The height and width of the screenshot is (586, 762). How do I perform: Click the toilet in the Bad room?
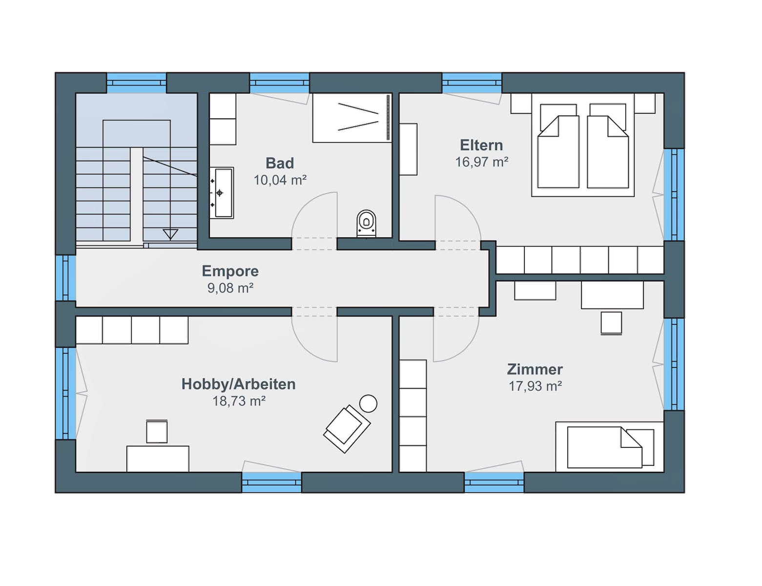tap(366, 223)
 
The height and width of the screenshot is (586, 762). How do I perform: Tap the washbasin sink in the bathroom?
tap(222, 192)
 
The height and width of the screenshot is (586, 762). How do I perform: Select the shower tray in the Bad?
tap(352, 118)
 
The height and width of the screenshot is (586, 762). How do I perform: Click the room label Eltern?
tap(481, 145)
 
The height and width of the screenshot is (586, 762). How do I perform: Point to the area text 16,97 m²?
tap(481, 162)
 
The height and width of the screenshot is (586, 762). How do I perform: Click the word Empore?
tap(230, 271)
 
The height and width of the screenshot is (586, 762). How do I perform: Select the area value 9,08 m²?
tap(230, 288)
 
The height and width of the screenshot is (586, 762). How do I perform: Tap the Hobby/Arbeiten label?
tap(238, 384)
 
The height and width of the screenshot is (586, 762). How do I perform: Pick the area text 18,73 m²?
tap(239, 401)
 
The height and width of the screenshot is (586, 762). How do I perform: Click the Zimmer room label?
tap(535, 369)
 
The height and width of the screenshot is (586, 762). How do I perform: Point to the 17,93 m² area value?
tap(535, 386)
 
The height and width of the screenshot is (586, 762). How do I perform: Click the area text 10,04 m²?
tap(280, 180)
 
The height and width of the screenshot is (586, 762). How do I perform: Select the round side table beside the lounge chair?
tap(368, 403)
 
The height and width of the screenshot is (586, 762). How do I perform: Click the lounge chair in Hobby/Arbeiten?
tap(347, 429)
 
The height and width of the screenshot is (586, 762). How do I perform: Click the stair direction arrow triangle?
tap(170, 234)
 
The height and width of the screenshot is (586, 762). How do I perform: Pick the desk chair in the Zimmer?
tap(611, 323)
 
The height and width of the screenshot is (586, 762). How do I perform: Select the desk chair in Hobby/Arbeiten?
tap(157, 431)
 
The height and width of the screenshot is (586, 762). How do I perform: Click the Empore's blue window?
tap(65, 278)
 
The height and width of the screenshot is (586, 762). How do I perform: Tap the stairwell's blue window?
tap(136, 83)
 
